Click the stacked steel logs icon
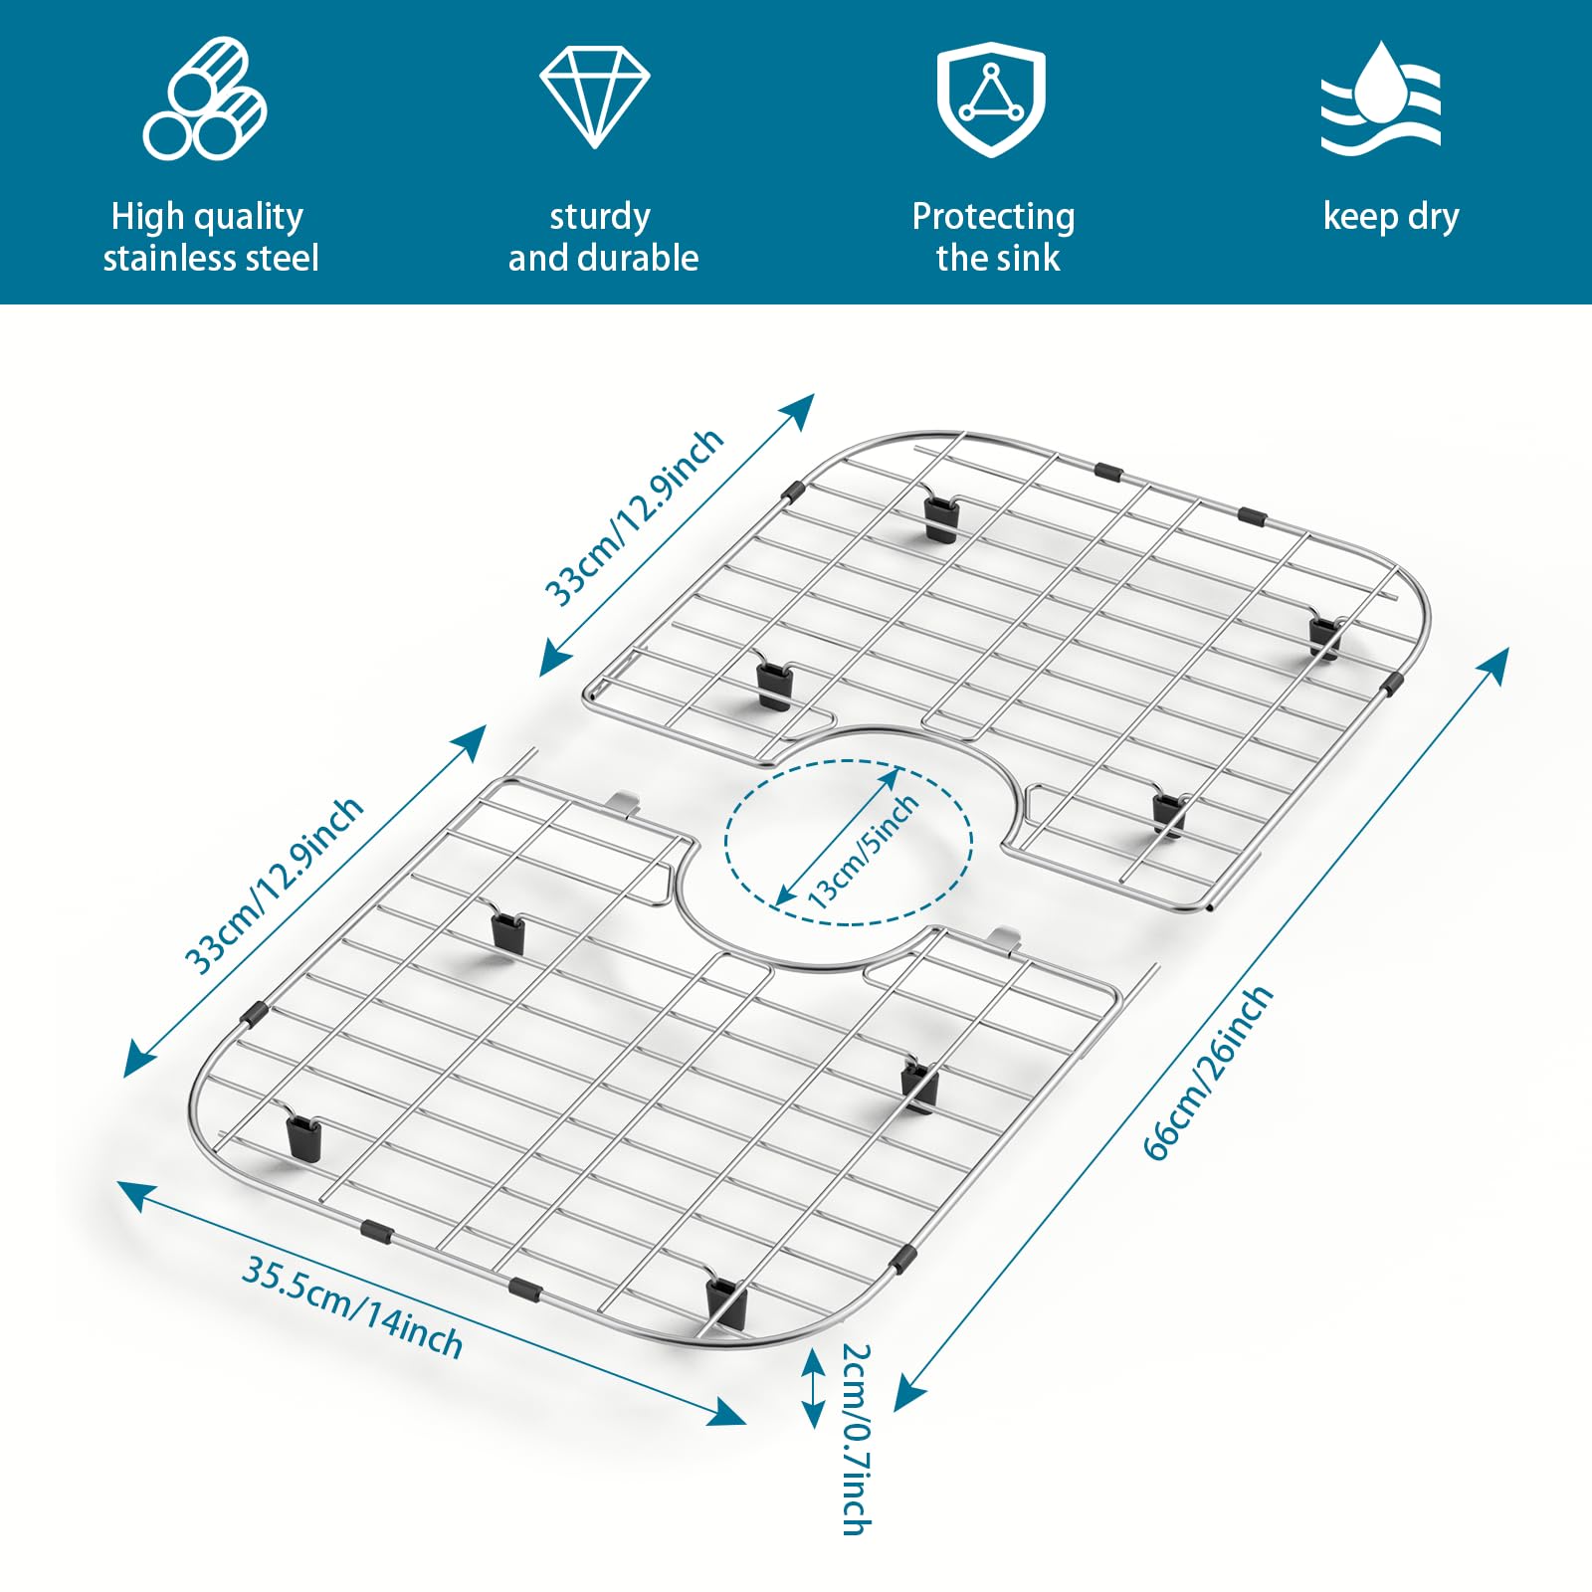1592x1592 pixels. [205, 98]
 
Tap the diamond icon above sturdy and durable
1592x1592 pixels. [595, 97]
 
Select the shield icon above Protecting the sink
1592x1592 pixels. [991, 99]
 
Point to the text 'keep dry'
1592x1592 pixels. [1391, 217]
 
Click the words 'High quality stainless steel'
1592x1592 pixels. [210, 237]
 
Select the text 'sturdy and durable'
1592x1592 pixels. [603, 237]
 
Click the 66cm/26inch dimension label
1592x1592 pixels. [1208, 1073]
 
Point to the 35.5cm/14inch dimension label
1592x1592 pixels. [352, 1307]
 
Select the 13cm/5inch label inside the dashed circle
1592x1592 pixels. [862, 852]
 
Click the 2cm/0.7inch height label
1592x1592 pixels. [856, 1439]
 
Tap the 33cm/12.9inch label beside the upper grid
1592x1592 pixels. [634, 516]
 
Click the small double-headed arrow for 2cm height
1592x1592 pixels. [814, 1388]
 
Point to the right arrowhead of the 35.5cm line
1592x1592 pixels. [728, 1413]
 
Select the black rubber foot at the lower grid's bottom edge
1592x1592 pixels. [723, 1301]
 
